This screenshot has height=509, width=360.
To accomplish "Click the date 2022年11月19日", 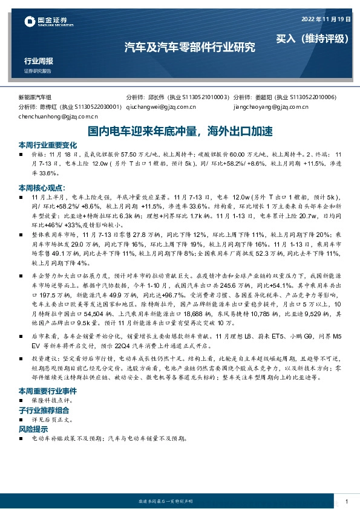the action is coord(326,19).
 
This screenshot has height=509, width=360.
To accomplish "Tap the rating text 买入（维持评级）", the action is coord(313,38).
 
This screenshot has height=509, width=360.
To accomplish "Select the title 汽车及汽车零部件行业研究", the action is coord(189,46).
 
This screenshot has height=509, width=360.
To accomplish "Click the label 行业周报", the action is coord(39,61).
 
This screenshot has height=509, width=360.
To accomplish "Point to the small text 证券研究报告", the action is coord(38,71).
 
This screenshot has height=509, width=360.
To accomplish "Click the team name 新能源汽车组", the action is coord(35,97).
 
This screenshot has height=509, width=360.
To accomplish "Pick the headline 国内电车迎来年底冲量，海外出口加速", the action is coord(180,131).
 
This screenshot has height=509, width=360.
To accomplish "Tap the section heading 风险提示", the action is coord(35,429).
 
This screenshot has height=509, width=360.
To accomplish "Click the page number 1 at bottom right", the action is coord(345,501).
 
